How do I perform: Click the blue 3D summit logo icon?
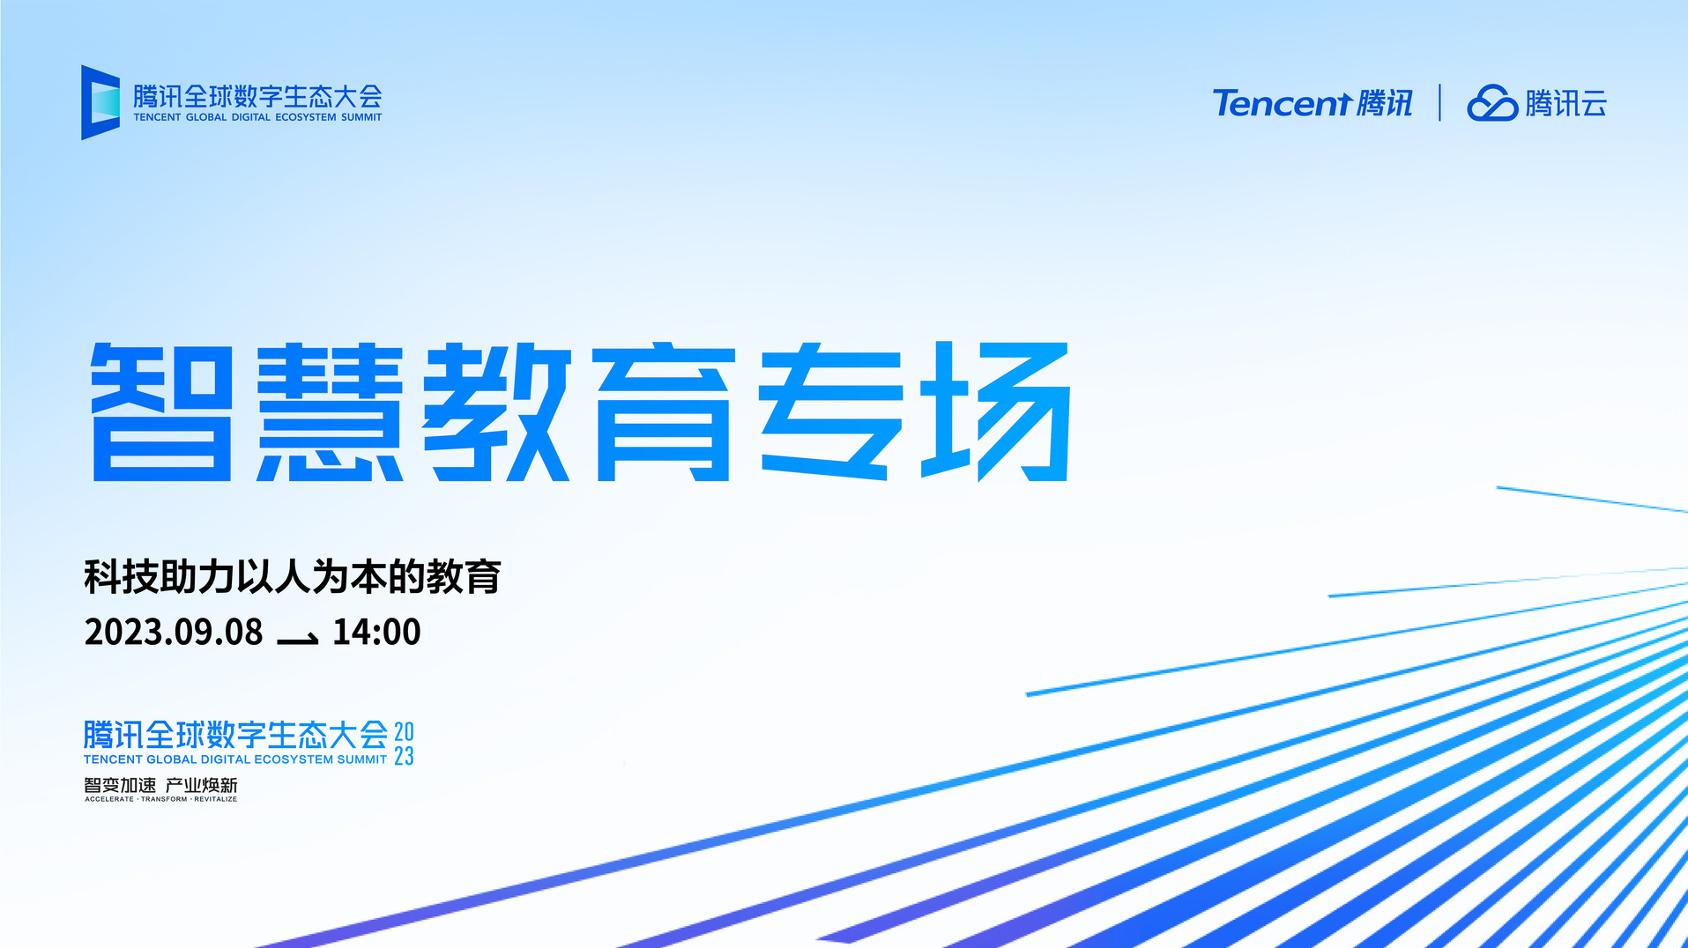coord(100,102)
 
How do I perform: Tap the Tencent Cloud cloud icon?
coord(1492,103)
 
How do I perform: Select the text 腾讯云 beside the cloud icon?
coord(1566,103)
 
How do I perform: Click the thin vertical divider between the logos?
coord(1440,102)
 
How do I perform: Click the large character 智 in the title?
coord(162,411)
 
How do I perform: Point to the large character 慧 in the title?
coord(330,411)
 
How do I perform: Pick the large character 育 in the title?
coord(665,411)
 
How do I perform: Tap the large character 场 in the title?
coord(996,411)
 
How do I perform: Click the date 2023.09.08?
coord(174,632)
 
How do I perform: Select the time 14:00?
coord(376,632)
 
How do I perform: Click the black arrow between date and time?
coord(298,639)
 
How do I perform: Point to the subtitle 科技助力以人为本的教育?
coord(293,577)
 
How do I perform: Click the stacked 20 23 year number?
coord(404,744)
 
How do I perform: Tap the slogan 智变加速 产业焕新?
coord(160,785)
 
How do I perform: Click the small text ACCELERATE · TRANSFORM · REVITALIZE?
coord(160,799)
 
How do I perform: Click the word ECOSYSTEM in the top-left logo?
coord(306,117)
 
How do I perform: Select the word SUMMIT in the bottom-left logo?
coord(362,759)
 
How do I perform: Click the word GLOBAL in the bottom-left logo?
coord(172,759)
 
